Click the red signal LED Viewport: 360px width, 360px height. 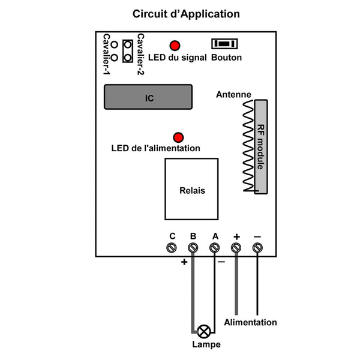coord(175,46)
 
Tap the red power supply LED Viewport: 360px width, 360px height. coord(178,137)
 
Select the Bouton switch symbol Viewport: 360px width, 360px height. coord(224,44)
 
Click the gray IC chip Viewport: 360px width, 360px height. coord(148,97)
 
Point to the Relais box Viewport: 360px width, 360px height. coord(191,189)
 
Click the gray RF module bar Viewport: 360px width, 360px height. coord(261,147)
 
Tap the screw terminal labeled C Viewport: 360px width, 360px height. coord(172,248)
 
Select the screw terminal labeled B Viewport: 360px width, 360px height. coord(193,248)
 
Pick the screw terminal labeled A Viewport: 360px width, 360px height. coord(214,248)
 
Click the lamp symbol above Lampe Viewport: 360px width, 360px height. coord(203,332)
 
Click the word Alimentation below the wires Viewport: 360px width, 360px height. coord(250,322)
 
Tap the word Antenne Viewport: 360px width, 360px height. coord(233,94)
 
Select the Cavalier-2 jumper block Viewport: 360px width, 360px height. coord(128,51)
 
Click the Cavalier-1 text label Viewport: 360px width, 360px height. coord(107,54)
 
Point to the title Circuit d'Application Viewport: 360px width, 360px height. coord(186,14)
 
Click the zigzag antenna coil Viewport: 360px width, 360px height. coord(248,146)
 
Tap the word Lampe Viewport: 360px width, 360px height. coord(206,344)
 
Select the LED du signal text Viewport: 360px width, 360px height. coord(177,58)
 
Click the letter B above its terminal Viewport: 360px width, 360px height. coord(193,236)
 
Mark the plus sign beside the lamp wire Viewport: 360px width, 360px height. coord(184,262)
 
